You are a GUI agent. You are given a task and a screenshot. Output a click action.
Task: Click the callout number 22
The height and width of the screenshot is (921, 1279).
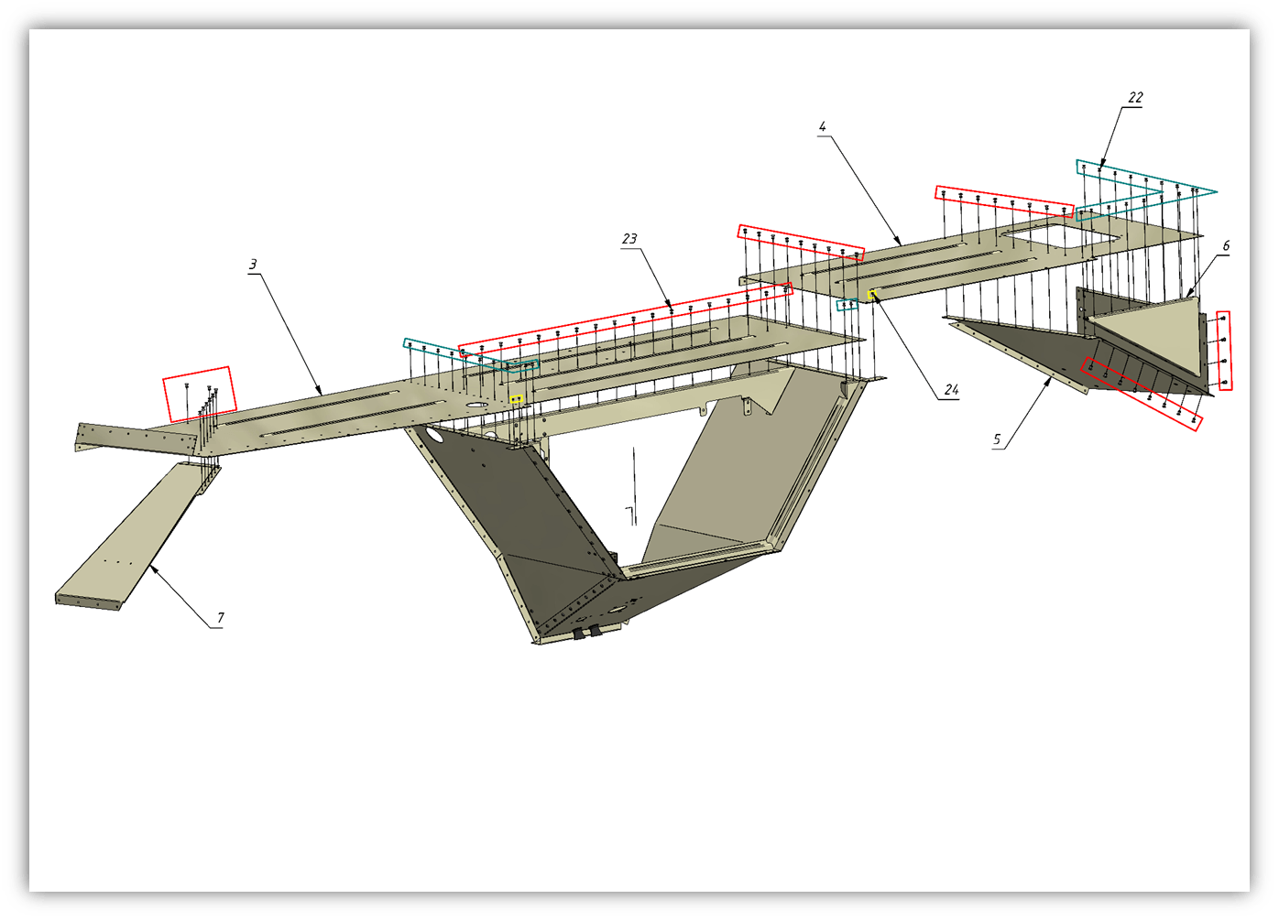point(1135,98)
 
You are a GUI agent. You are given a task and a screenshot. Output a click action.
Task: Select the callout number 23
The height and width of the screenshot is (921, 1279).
point(629,239)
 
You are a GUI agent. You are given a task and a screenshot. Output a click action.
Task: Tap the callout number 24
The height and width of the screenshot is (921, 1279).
point(951,390)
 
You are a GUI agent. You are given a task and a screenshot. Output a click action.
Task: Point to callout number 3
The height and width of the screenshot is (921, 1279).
point(253,265)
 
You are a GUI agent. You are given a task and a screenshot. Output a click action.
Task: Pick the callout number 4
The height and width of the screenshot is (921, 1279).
point(822,126)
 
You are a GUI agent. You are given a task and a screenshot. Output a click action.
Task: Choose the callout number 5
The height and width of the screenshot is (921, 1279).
point(997,439)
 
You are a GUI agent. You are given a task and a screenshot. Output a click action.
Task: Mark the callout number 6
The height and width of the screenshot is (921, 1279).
point(1226,246)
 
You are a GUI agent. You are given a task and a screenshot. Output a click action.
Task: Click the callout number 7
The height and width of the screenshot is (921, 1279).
point(221,617)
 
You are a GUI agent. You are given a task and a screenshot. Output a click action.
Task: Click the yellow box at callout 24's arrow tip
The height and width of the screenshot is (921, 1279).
point(872,295)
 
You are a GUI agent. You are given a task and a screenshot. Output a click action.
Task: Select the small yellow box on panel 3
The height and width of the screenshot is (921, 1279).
point(516,399)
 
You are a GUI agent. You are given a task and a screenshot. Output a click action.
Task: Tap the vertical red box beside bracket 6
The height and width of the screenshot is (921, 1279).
point(1224,351)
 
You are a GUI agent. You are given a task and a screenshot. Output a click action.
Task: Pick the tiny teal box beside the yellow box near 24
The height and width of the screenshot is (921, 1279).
point(847,305)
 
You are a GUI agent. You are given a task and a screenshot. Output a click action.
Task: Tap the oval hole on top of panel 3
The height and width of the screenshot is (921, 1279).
point(476,405)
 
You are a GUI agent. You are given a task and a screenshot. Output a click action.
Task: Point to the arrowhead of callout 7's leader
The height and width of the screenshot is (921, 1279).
point(151,566)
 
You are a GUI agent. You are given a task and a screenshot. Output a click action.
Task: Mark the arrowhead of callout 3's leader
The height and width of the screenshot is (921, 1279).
point(321,393)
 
